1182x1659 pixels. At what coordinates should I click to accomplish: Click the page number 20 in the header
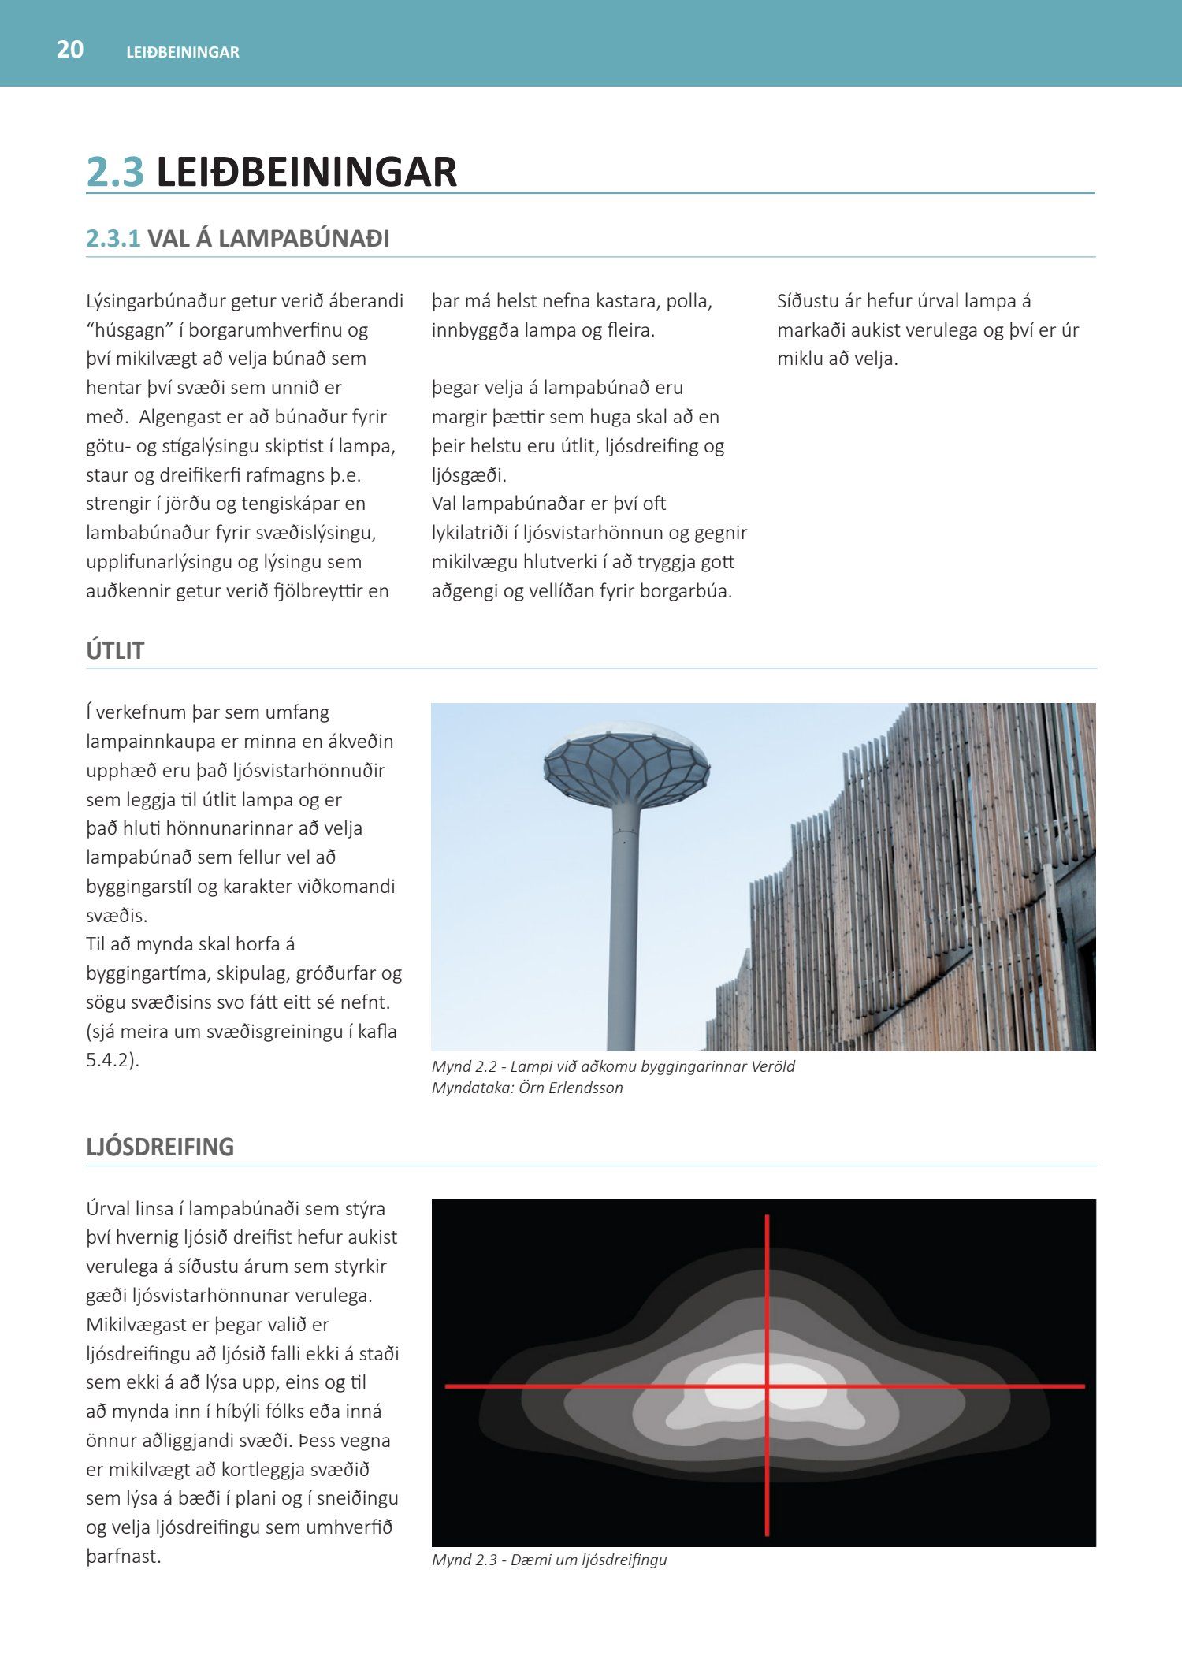[x=70, y=50]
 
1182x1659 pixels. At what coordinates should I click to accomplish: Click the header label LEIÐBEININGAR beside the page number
[x=183, y=52]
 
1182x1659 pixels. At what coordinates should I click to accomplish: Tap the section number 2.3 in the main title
[x=115, y=172]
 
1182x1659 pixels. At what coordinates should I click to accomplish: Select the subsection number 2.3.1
[x=113, y=239]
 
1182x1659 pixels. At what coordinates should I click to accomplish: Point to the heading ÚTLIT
[x=115, y=651]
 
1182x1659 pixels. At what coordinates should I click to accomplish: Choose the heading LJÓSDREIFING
[x=160, y=1147]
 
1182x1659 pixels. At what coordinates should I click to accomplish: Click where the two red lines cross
[x=767, y=1386]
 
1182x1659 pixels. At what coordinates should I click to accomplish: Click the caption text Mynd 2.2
[x=464, y=1066]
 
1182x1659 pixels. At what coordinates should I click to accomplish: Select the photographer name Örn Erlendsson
[x=571, y=1088]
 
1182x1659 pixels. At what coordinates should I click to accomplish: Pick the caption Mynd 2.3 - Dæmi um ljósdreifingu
[x=549, y=1560]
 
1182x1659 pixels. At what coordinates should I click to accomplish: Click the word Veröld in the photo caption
[x=771, y=1066]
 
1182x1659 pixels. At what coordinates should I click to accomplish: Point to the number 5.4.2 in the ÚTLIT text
[x=108, y=1060]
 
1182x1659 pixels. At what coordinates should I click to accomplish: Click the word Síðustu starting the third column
[x=806, y=301]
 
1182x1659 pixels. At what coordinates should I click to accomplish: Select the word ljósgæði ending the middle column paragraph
[x=469, y=475]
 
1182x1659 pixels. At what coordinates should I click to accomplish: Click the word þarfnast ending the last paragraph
[x=122, y=1557]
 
